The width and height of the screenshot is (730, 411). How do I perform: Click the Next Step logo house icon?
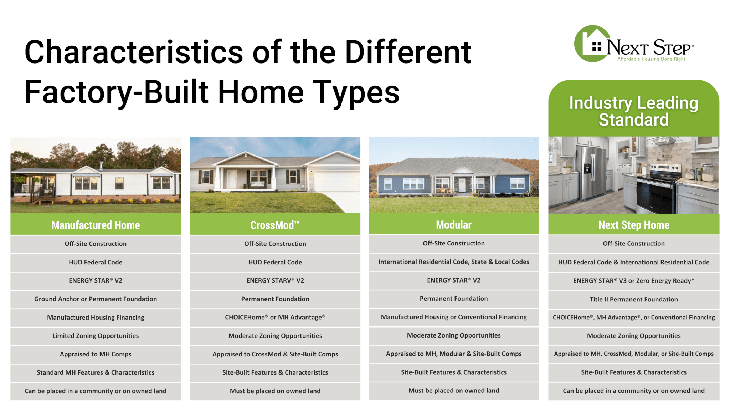(592, 44)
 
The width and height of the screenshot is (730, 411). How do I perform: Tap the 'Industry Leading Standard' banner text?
(633, 111)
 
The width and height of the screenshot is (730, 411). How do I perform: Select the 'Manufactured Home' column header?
(96, 225)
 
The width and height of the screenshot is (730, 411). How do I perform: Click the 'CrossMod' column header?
(275, 225)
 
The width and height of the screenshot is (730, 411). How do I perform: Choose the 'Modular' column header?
(454, 225)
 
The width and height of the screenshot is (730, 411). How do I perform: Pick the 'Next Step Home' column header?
(634, 225)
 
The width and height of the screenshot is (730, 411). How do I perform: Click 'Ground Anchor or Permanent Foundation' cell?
(96, 299)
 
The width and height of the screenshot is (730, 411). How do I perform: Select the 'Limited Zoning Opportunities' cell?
(96, 336)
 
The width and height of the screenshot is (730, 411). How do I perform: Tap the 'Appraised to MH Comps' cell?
(96, 354)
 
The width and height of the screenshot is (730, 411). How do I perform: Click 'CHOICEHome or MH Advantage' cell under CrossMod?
(275, 317)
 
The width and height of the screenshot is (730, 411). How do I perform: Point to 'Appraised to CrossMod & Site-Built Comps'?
(275, 354)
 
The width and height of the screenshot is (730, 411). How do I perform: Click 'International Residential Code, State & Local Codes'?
(454, 262)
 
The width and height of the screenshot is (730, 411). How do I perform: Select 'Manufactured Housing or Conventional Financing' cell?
(454, 317)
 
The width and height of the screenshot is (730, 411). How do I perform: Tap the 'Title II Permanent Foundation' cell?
(634, 299)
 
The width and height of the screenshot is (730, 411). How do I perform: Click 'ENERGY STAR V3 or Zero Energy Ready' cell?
(634, 281)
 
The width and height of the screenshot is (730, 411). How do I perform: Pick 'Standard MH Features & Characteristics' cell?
(96, 372)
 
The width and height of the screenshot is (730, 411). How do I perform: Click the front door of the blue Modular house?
(462, 185)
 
